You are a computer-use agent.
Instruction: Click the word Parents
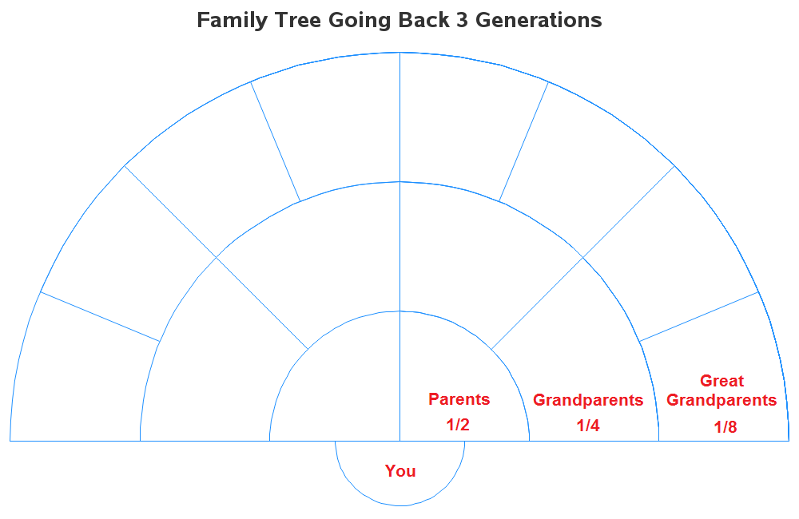tap(459, 399)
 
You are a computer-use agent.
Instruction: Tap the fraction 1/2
tap(458, 425)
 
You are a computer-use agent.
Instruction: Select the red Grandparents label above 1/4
tap(588, 400)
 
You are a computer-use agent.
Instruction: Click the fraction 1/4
tap(588, 426)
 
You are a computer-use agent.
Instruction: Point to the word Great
tap(721, 381)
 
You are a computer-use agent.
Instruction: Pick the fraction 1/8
tap(725, 427)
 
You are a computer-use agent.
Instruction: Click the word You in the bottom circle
tap(400, 471)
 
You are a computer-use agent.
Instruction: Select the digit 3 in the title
tap(462, 21)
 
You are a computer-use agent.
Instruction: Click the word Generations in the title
tap(539, 21)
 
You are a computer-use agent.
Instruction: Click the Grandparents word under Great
tap(721, 400)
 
